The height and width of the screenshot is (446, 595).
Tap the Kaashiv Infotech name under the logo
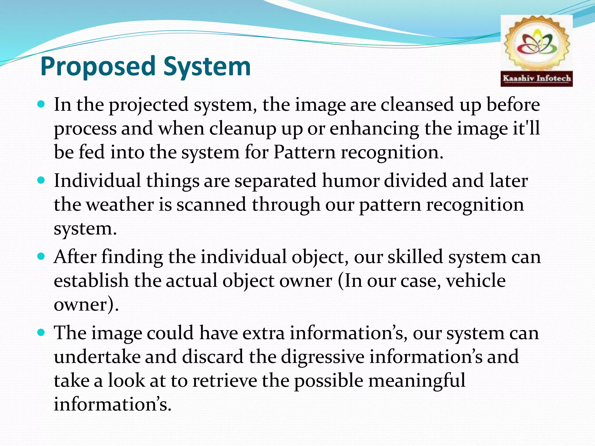pyautogui.click(x=537, y=78)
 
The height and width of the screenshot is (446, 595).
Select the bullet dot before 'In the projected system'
pyautogui.click(x=41, y=104)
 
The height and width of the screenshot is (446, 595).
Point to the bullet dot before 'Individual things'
pyautogui.click(x=41, y=181)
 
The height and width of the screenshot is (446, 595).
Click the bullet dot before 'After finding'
pyautogui.click(x=41, y=257)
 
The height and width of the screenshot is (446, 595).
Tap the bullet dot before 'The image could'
pyautogui.click(x=41, y=332)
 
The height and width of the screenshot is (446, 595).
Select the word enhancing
pyautogui.click(x=374, y=128)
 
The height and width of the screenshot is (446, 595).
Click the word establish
pyautogui.click(x=91, y=281)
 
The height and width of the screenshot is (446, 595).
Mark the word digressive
pyautogui.click(x=322, y=357)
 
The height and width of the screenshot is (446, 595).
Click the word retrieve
pyautogui.click(x=225, y=381)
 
